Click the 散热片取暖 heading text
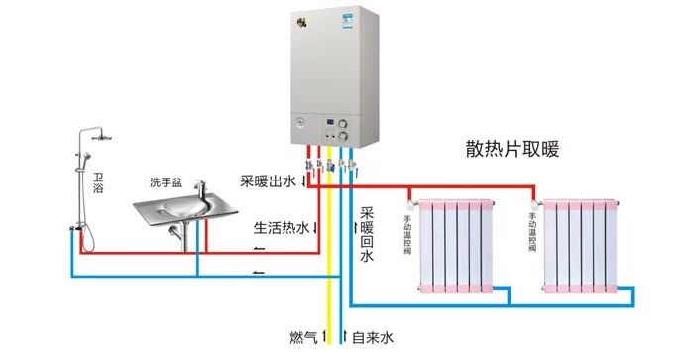click(512, 150)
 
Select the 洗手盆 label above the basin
click(166, 182)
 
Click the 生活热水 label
click(282, 228)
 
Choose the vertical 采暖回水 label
click(366, 235)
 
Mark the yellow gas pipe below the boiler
click(329, 258)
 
